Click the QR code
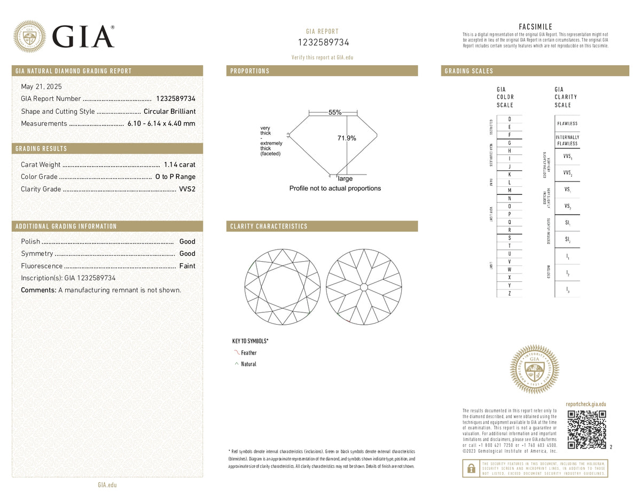[x=587, y=430]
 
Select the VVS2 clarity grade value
[x=187, y=189]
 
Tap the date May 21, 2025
[x=41, y=87]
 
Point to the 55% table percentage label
[x=335, y=113]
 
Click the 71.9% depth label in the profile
[x=347, y=138]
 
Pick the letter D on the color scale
[x=510, y=119]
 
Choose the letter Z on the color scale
[x=510, y=293]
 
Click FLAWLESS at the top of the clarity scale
[x=567, y=123]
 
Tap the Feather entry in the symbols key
[x=248, y=352]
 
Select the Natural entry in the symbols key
[x=248, y=364]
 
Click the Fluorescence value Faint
[x=187, y=266]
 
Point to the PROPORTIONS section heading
[x=250, y=71]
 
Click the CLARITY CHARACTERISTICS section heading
[x=269, y=226]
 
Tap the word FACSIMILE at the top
[x=535, y=27]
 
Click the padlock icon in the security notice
[x=471, y=468]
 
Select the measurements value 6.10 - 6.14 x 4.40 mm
[x=161, y=124]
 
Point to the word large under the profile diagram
[x=345, y=179]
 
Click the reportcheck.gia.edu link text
[x=585, y=405]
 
